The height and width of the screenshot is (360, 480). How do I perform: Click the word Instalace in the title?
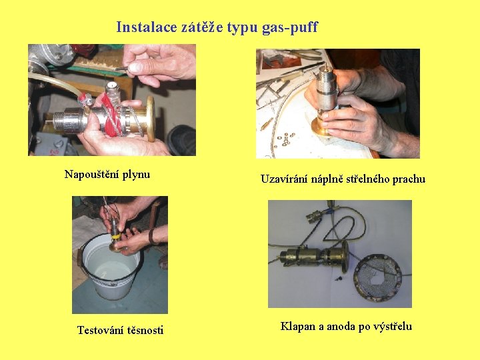point(147,27)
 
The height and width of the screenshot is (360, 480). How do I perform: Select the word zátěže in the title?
point(202,27)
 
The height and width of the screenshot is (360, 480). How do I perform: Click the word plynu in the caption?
point(136,175)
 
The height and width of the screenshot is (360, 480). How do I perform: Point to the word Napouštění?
point(92,175)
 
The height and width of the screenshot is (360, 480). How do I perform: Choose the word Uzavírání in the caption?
point(284,179)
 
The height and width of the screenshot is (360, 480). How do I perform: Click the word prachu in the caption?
point(409,179)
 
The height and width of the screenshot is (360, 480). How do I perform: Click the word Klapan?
point(298,326)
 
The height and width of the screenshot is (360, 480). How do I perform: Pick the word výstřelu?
point(393,327)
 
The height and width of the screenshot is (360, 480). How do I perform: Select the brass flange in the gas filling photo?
point(151,119)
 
